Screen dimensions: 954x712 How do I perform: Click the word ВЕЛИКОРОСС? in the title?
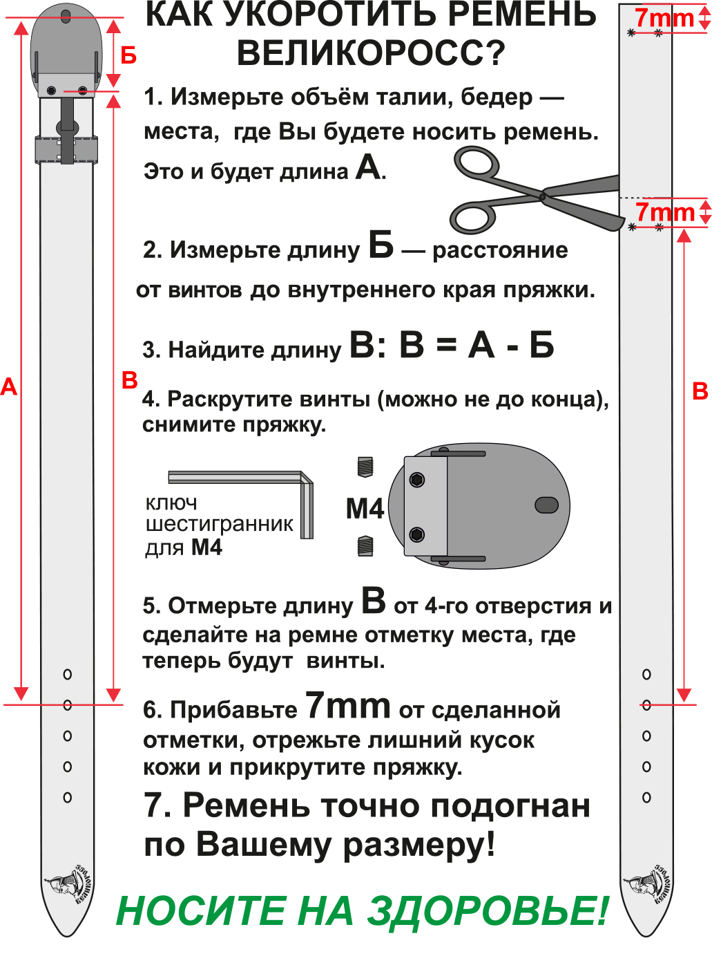371,53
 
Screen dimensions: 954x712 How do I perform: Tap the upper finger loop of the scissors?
477,164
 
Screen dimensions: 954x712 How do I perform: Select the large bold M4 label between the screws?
365,509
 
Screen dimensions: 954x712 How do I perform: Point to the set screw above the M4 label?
365,467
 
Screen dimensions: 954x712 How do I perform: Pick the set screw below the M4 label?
365,546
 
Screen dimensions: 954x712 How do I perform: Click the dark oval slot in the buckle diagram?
546,505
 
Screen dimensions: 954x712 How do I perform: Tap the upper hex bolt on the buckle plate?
417,480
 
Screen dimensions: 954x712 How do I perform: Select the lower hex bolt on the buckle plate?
417,534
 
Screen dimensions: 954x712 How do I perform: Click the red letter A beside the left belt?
8,386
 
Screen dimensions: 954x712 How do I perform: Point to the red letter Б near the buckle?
128,55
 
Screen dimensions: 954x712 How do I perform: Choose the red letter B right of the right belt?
700,391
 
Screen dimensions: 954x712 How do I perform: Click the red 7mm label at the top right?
664,18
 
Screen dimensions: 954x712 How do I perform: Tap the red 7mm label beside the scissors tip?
664,212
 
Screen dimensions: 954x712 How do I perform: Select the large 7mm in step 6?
347,706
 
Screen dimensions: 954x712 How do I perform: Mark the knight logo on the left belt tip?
68,885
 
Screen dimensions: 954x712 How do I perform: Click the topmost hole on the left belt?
68,674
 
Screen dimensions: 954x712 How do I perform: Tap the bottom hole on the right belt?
646,797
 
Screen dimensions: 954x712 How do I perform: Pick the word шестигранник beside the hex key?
219,525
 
